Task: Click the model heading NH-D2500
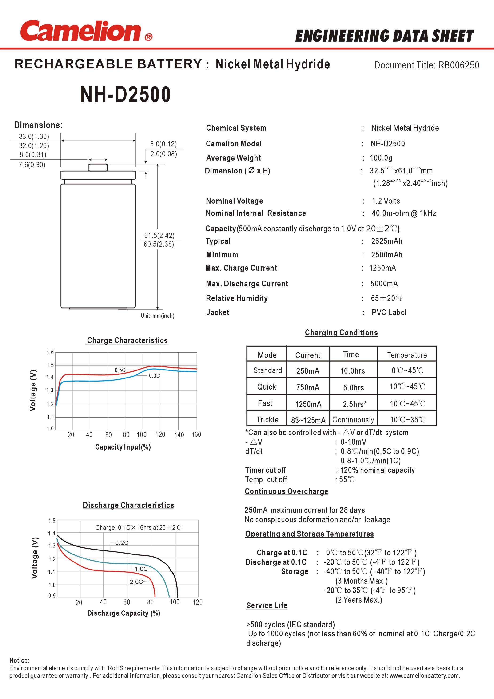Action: pos(125,94)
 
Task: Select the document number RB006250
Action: pos(458,65)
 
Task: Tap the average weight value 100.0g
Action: pos(381,158)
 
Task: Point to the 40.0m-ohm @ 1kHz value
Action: pos(404,213)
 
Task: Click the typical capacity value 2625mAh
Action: pos(386,241)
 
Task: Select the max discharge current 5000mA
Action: pos(384,284)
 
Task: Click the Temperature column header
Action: pos(407,355)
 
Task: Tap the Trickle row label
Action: pos(267,420)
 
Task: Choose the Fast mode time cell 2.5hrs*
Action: pos(354,404)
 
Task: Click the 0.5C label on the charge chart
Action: pos(120,370)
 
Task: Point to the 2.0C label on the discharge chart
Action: pos(136,582)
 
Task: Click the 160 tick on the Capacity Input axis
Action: pos(196,434)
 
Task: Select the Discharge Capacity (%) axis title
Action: pos(123,613)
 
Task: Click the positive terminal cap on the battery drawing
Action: pos(98,167)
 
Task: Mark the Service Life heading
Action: pos(267,606)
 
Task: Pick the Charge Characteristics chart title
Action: pos(127,340)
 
